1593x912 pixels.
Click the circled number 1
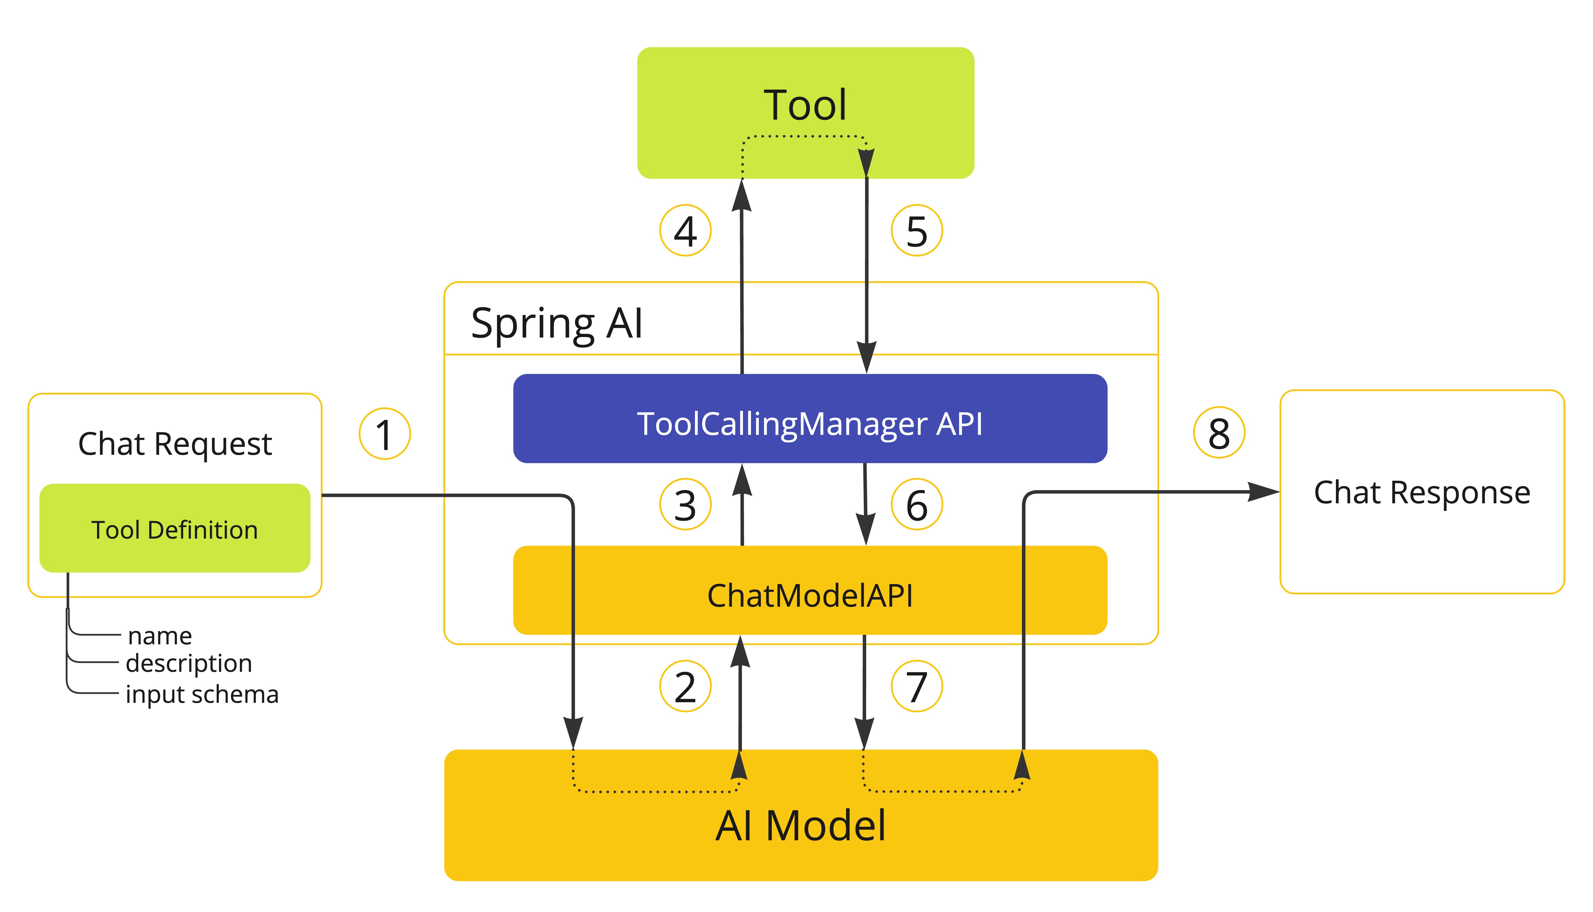(385, 433)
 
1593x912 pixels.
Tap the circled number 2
(685, 687)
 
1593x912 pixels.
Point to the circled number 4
(685, 231)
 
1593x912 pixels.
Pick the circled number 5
(917, 231)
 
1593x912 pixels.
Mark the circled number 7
(917, 687)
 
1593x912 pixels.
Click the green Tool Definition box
(175, 528)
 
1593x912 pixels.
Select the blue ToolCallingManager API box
(810, 418)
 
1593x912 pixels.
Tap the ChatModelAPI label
(810, 595)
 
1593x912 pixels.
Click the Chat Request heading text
(175, 443)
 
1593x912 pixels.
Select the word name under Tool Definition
(160, 636)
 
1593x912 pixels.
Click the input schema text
(202, 694)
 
